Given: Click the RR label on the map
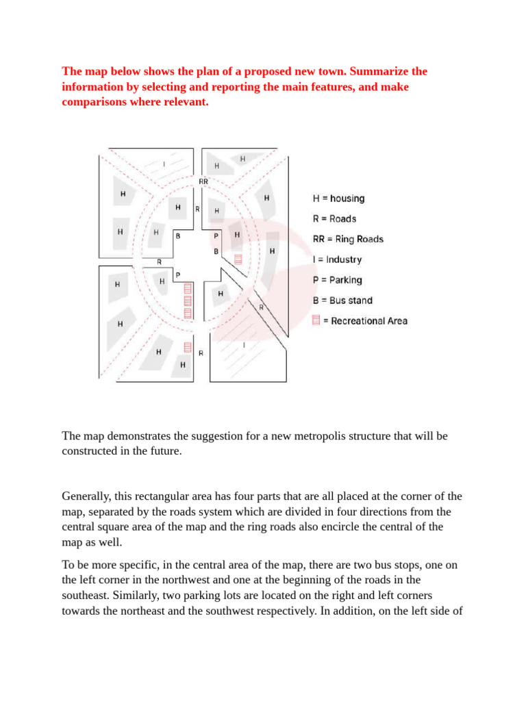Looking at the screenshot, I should coord(203,181).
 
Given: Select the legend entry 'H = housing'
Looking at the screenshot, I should coord(338,199).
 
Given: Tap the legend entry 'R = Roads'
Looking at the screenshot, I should coord(334,219).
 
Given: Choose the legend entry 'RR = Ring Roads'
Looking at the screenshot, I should coord(348,240).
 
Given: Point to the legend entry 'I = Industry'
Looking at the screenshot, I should coord(337,260).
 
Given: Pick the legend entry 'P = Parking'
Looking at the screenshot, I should coord(337,280).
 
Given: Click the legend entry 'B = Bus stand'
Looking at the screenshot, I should coord(342,301).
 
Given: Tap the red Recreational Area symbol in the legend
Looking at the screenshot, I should coord(316,320).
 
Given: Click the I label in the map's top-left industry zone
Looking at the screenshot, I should coord(164,164).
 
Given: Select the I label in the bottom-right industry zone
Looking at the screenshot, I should coord(244,346).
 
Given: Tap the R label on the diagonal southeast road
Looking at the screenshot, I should coord(261,307).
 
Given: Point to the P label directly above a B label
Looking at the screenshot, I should coord(216,235).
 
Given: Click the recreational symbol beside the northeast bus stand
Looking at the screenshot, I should coord(238,259).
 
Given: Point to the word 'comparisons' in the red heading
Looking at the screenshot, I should coord(94,101).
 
